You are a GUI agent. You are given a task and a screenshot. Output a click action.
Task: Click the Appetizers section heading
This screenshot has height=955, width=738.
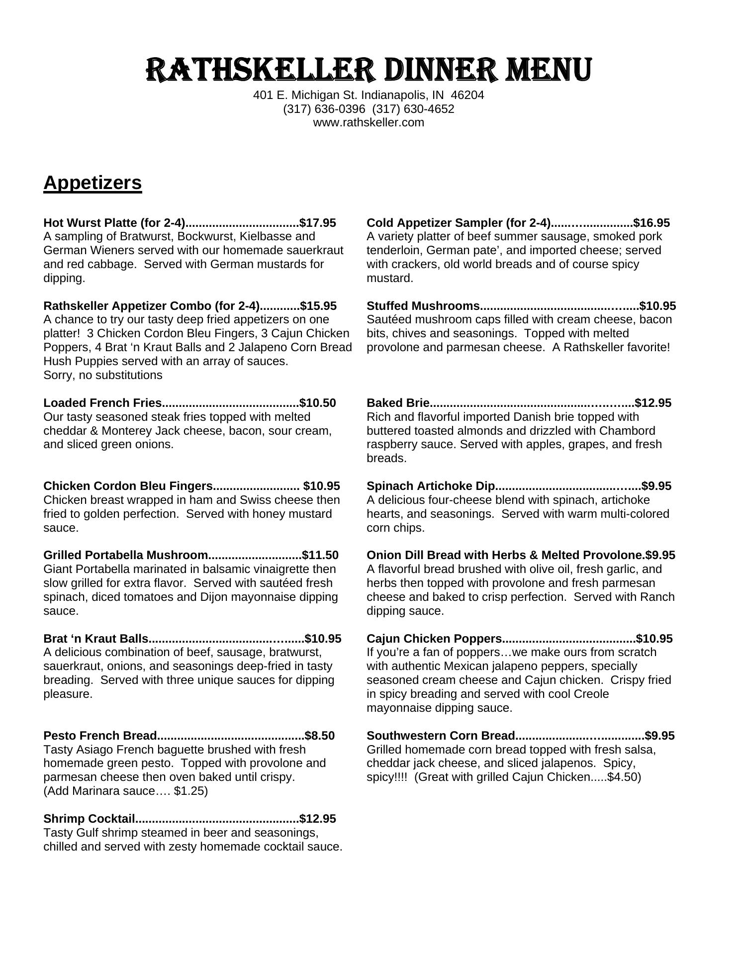pos(92,183)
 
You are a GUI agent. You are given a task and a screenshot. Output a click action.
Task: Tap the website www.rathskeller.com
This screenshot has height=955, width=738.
pos(369,123)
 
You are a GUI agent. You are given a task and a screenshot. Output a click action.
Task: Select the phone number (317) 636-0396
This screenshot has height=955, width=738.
pos(324,109)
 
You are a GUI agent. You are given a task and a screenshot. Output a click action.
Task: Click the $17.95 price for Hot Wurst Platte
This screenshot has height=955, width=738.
pos(318,223)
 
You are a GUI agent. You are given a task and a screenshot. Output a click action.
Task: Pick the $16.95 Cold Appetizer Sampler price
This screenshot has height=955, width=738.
pos(651,223)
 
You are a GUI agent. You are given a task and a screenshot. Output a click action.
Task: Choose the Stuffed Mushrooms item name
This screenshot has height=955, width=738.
pos(423,306)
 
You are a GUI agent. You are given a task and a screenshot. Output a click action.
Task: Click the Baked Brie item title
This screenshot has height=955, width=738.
pos(398,403)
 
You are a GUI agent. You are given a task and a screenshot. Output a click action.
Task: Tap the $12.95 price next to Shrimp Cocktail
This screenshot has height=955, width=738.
pos(318,819)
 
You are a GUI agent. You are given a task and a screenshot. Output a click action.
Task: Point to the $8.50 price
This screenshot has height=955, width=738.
pos(320,736)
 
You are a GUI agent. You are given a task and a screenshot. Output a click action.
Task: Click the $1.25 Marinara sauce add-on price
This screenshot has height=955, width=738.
pos(190,791)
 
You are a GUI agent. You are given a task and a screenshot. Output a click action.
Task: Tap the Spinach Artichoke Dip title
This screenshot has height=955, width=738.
pos(431,486)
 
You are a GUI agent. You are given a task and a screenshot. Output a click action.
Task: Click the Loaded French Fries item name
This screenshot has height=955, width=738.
pos(102,403)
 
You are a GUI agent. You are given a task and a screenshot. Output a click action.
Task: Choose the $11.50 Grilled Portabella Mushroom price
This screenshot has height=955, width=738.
pos(320,555)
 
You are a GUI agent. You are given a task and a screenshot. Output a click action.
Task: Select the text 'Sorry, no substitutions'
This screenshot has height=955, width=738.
pos(103,375)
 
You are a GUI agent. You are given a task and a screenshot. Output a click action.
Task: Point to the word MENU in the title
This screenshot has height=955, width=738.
pos(549,70)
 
